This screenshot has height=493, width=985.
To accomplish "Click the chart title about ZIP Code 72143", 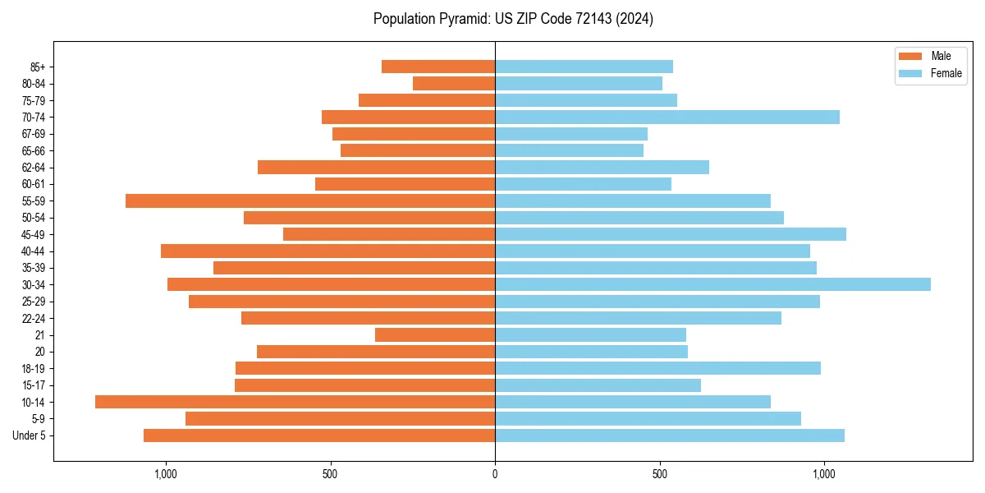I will (x=513, y=19).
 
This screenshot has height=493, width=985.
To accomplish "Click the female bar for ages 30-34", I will (x=712, y=284).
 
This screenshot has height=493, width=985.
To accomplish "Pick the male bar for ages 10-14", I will (x=295, y=402).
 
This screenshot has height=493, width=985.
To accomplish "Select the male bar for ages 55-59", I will (x=310, y=200).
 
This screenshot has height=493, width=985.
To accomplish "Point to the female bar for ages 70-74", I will (x=667, y=117).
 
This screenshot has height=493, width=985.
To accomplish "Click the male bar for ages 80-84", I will (x=454, y=83).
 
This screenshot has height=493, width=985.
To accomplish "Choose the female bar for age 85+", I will (x=584, y=67).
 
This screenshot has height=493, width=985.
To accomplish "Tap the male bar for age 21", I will (x=435, y=334).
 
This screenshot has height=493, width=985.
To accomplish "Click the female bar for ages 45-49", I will (x=671, y=234).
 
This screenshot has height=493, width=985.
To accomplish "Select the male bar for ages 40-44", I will (x=328, y=251).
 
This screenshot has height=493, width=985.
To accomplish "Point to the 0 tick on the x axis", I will (x=495, y=474).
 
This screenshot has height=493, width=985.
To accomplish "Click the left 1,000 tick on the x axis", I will (x=166, y=474).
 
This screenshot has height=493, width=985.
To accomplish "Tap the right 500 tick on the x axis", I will (x=659, y=474).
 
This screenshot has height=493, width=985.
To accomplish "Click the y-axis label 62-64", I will (x=34, y=168).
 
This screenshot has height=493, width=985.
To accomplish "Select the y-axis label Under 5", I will (x=30, y=435).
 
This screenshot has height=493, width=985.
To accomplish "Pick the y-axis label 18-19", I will (x=34, y=368).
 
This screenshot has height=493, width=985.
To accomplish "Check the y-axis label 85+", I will (x=37, y=67).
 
